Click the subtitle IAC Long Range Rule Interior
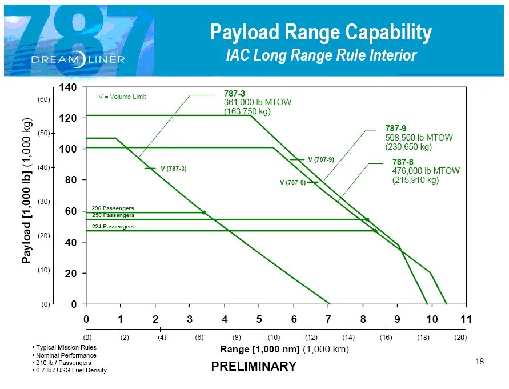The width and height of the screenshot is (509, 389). click(321, 55)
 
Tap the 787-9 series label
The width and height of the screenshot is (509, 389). click(395, 129)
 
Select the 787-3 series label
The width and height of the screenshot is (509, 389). click(235, 93)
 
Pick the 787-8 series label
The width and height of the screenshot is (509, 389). click(403, 162)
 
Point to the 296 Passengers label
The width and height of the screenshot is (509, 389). click(113, 208)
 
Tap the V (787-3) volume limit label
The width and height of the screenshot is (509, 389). click(173, 169)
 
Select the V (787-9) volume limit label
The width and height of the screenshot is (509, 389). click(321, 159)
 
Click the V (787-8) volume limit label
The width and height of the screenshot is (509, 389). click(292, 182)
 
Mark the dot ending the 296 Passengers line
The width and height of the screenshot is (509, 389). click(204, 212)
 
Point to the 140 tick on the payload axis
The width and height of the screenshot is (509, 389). click(68, 87)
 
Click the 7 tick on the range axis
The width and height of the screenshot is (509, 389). click(328, 319)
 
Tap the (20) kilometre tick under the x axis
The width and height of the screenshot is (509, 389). click(460, 338)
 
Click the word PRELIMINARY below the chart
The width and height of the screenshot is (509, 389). click(254, 367)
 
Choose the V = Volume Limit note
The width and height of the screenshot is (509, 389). click(122, 97)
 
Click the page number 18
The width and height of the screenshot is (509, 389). click(479, 361)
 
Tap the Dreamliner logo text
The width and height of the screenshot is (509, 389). click(78, 59)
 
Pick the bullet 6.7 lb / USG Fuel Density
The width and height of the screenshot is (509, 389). click(71, 370)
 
